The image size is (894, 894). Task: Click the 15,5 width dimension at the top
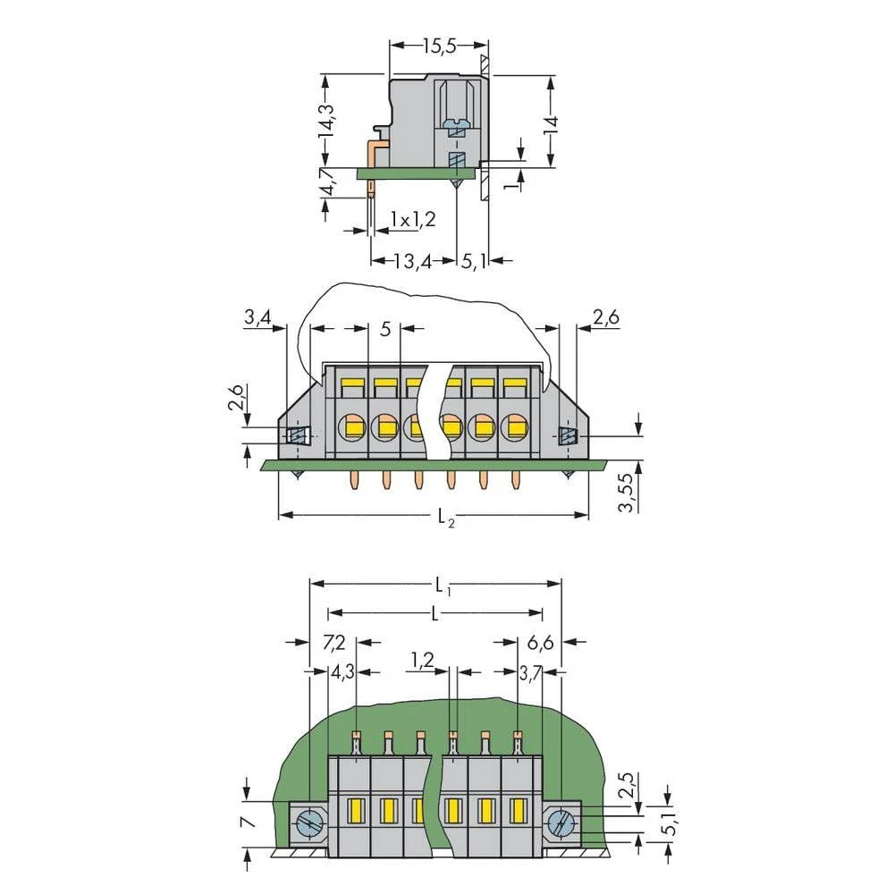(x=439, y=46)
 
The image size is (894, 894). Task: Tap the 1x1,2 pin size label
(x=412, y=219)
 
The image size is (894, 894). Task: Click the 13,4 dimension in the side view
(x=413, y=261)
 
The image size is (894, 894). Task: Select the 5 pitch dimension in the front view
(x=385, y=329)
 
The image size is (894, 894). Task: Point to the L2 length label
(x=444, y=519)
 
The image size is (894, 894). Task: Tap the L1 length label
(x=443, y=586)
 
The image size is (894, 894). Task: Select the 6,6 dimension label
(x=541, y=643)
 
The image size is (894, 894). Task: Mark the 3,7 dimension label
(x=530, y=672)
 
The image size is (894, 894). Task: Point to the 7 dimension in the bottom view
(x=248, y=821)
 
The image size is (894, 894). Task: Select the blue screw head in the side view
(x=457, y=122)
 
